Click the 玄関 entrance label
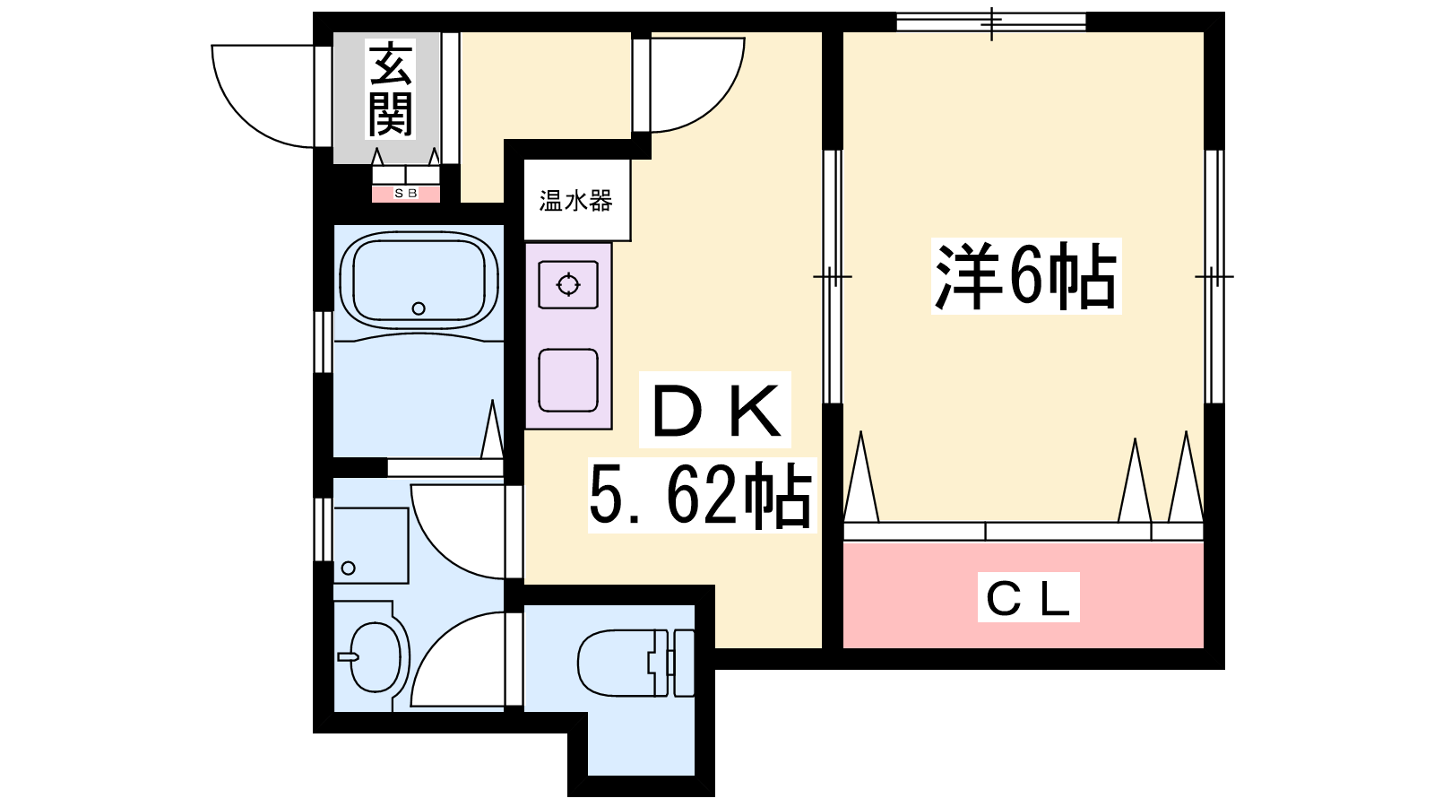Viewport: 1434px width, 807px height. pos(390,89)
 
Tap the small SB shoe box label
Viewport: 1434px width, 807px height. pos(406,193)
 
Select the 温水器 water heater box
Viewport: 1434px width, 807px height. pos(577,201)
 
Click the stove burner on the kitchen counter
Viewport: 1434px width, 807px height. pos(568,285)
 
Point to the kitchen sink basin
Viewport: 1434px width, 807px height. pos(568,380)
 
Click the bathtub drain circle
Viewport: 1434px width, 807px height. pos(419,308)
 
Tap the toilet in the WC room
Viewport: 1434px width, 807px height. pos(635,663)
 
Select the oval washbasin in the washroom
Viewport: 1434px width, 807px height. pos(376,657)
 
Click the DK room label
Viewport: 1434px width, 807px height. pos(716,410)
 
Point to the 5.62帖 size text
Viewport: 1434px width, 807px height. pos(701,495)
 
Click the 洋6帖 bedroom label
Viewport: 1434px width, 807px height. pos(1026,275)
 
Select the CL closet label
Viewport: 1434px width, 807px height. pos(1028,597)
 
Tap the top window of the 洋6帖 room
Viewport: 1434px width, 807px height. pos(991,22)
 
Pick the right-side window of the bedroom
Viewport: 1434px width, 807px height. pos(1214,277)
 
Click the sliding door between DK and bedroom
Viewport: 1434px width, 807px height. pos(833,277)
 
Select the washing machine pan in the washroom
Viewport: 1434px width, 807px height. pos(371,546)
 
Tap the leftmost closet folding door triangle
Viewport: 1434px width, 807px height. pos(861,476)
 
